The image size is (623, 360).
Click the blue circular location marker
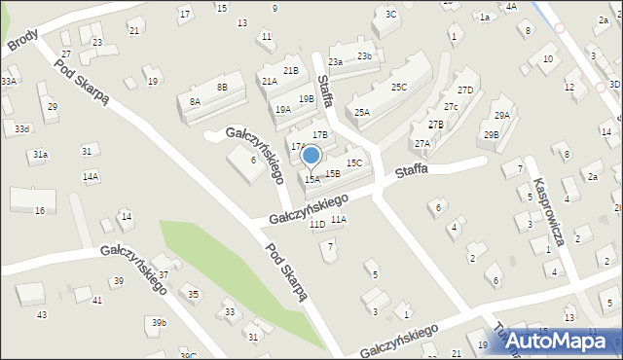coord(311,155)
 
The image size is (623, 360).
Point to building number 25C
coord(398,88)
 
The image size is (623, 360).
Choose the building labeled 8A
coord(195,101)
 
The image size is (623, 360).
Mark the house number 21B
coord(290,71)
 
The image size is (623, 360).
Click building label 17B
coord(320,134)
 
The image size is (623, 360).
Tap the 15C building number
coord(354,163)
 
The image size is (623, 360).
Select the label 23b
coord(364,56)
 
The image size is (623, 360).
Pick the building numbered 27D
coord(466,90)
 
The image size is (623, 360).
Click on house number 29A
coord(501,116)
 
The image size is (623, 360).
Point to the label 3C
coord(391,15)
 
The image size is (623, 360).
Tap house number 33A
coord(9,82)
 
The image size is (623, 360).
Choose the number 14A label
coord(91,177)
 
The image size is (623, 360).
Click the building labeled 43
coord(42,315)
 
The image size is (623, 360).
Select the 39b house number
coord(159,322)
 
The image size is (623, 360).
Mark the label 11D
coord(317,225)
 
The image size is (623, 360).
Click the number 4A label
coord(511,7)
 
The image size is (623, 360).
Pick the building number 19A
coord(283,110)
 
